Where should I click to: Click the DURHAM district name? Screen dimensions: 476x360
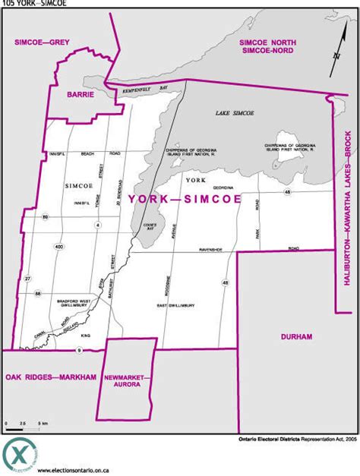click(x=295, y=336)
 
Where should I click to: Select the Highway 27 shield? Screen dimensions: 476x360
click(x=29, y=279)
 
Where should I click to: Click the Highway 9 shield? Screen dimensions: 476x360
click(x=78, y=350)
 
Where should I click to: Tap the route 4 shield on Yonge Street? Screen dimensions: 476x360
click(x=98, y=225)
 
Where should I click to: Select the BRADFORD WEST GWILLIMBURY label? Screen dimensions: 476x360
click(x=76, y=304)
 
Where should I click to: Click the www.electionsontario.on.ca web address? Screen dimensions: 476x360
click(x=73, y=471)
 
